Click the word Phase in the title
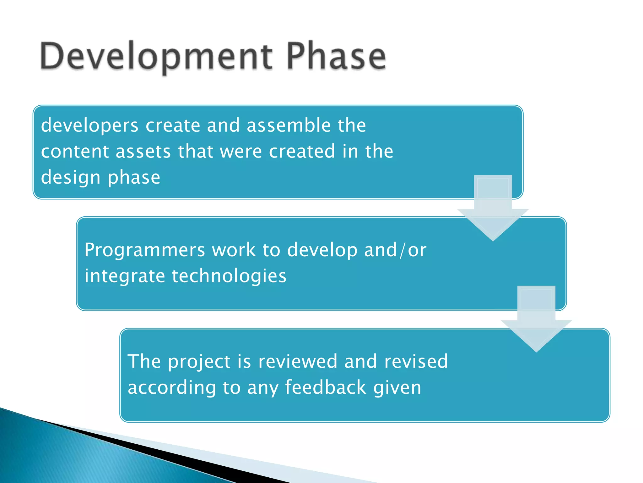point(336,57)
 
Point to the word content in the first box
point(75,152)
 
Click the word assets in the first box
point(143,152)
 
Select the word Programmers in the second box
point(145,250)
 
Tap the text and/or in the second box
point(395,250)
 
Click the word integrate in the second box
point(125,276)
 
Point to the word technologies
point(229,276)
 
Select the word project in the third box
point(199,362)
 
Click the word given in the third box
point(397,388)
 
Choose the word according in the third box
point(172,388)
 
